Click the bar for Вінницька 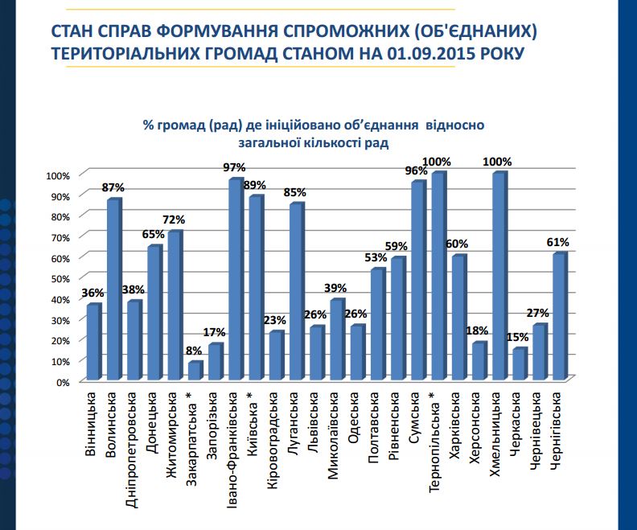(93, 342)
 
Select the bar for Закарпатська (195, 371)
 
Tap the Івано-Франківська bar (235, 279)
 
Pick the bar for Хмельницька (499, 276)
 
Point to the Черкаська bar (519, 364)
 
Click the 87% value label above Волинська (113, 187)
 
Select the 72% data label (175, 220)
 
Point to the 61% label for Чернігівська (559, 241)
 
